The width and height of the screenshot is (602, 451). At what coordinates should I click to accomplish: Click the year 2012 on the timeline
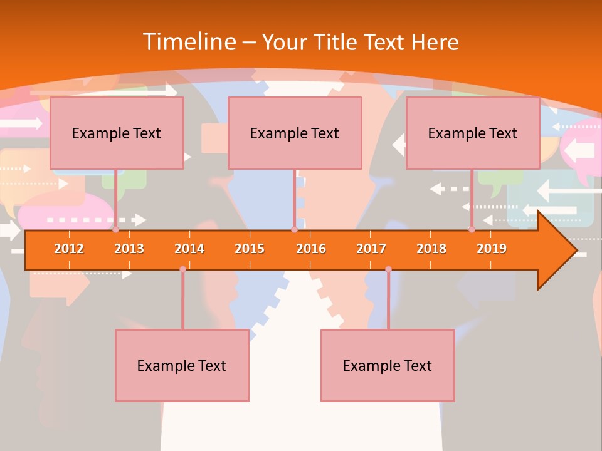click(69, 249)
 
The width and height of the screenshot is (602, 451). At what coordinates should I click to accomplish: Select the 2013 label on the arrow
click(129, 249)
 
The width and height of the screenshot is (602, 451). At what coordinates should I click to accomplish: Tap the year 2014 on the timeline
click(189, 249)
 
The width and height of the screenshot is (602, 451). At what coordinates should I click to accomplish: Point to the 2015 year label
click(250, 249)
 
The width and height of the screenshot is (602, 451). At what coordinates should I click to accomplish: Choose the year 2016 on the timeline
click(311, 249)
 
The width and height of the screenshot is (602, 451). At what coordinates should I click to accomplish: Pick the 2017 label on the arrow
click(371, 249)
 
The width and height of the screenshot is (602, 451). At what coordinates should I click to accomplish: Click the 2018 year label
click(431, 249)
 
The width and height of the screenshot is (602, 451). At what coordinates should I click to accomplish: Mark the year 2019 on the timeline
click(492, 249)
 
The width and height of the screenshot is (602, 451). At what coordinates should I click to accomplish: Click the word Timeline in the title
click(189, 42)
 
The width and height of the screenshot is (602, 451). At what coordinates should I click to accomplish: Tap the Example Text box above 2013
click(117, 133)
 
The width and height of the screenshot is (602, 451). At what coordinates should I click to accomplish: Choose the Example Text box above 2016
click(295, 133)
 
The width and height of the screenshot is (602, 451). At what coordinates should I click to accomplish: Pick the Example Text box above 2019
click(473, 133)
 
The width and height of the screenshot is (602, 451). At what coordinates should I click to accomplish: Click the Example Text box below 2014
click(182, 365)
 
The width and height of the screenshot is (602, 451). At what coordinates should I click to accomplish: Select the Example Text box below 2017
click(388, 365)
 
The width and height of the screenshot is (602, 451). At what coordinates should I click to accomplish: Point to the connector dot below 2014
click(182, 269)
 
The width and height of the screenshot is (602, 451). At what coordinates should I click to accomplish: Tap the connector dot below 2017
click(388, 269)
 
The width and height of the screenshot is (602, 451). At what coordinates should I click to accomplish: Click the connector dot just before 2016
click(294, 230)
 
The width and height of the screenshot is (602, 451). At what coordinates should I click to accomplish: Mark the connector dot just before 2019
click(472, 230)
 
